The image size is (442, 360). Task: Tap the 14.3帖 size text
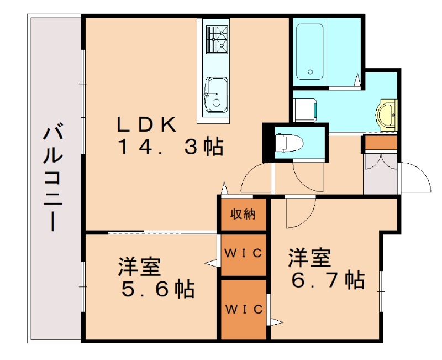pos(170,148)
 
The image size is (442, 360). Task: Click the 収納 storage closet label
pos(243,214)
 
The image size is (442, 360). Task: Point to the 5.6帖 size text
pos(156,288)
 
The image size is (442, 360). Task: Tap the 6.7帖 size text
pos(327,279)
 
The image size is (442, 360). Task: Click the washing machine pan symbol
pos(304,109)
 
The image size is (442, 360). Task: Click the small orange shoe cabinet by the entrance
pos(381,143)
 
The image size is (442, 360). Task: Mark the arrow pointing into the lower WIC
pos(276,321)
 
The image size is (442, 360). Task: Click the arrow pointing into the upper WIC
pos(211,263)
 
